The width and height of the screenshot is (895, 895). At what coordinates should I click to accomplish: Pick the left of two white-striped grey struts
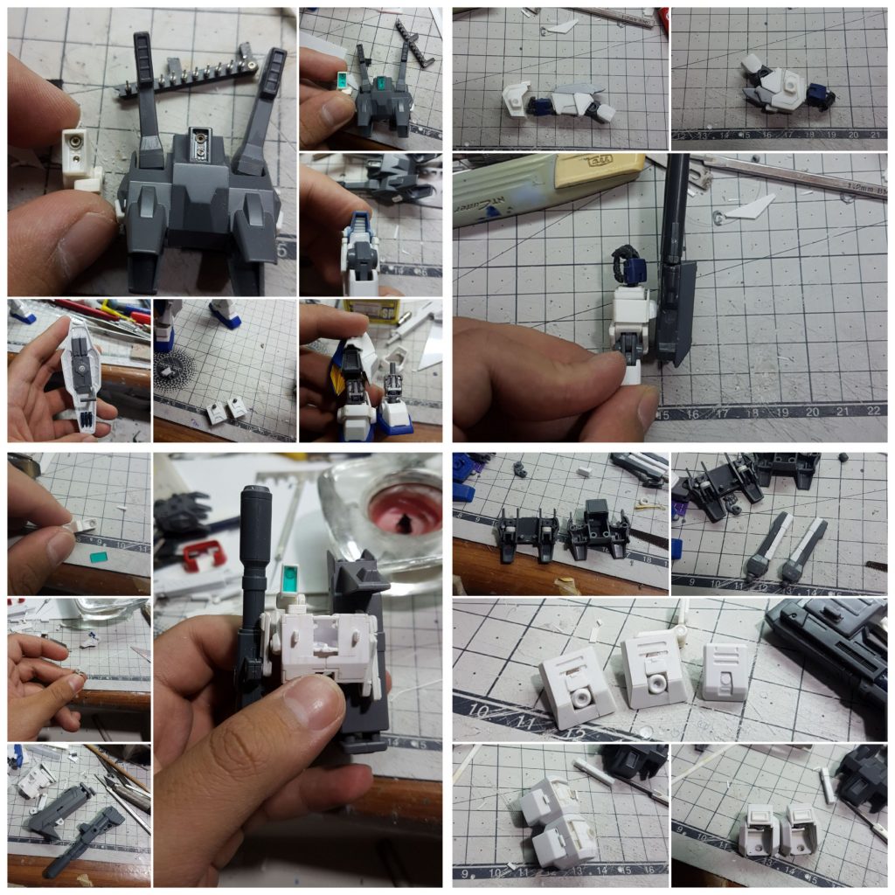click(767, 547)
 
